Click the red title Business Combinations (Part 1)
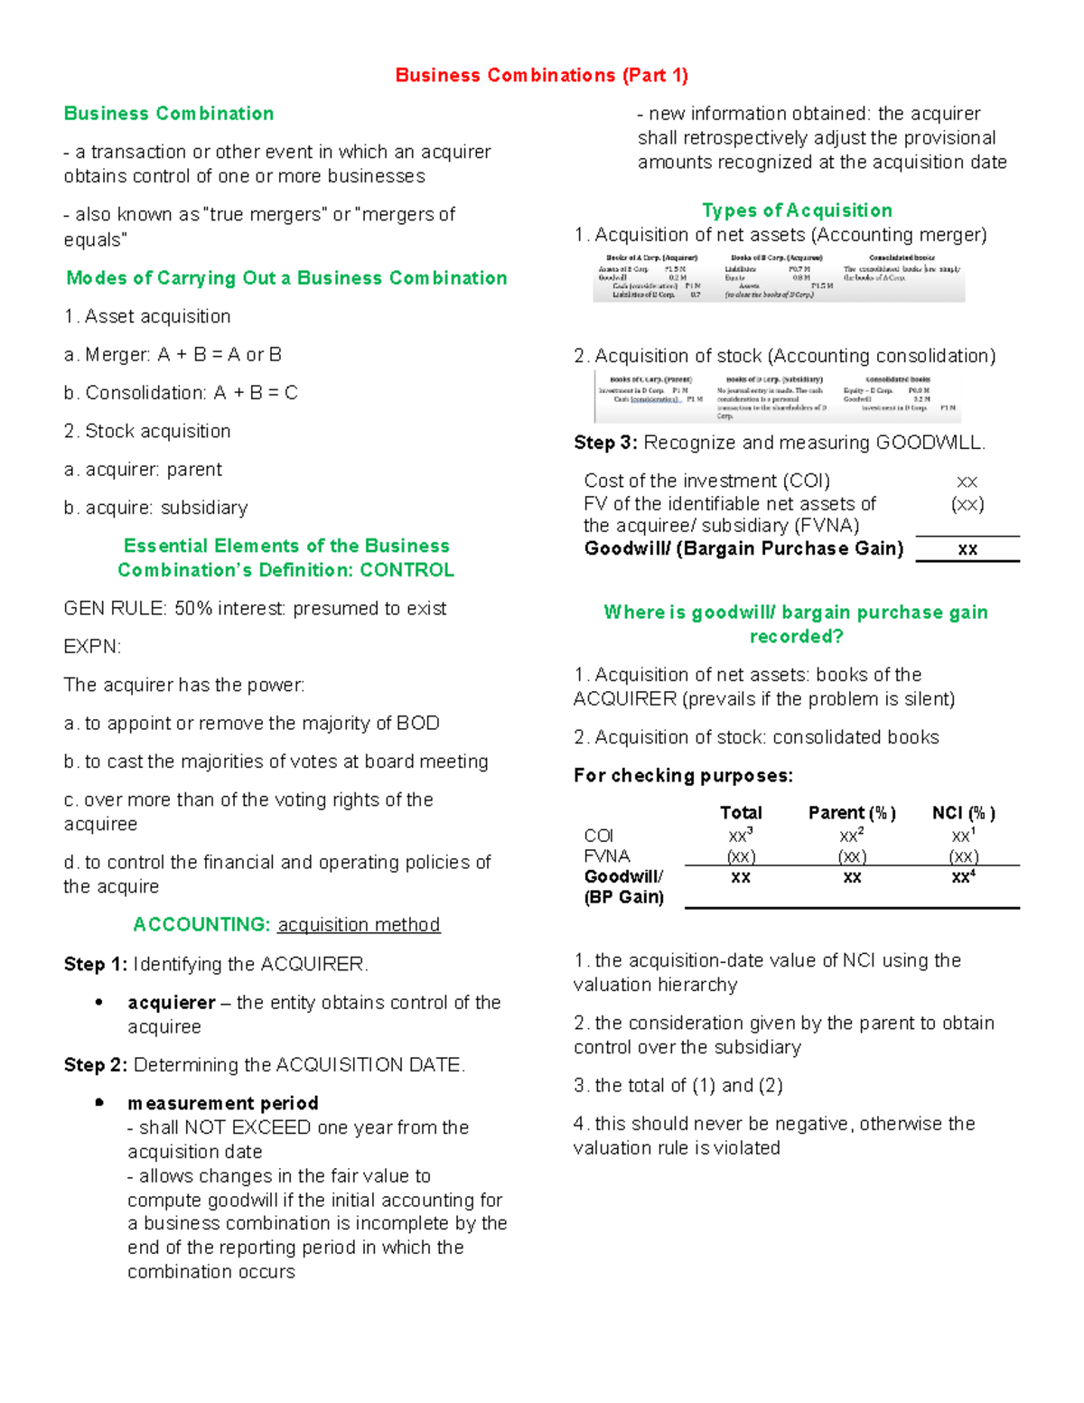tap(541, 75)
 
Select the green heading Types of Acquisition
tap(797, 210)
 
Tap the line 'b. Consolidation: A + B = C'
tap(181, 393)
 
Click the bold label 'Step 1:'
tap(96, 965)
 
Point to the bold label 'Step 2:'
tap(96, 1065)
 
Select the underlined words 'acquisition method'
tap(359, 925)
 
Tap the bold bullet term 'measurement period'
tap(223, 1103)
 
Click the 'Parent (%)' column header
tap(852, 813)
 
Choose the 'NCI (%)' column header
tap(964, 813)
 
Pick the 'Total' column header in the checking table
tap(741, 813)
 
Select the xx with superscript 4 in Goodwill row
tap(964, 876)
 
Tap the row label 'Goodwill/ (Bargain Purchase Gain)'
tap(743, 549)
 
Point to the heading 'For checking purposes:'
tap(683, 776)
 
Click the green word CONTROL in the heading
tap(406, 570)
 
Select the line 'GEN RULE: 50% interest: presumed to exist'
tap(255, 609)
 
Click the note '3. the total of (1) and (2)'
tap(677, 1086)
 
